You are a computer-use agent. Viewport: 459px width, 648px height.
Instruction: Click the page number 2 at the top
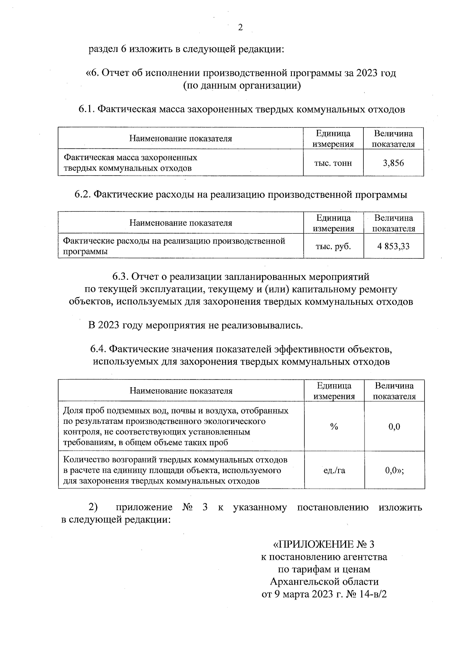tap(240, 27)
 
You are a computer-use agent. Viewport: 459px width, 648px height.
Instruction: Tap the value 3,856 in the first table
tap(393, 163)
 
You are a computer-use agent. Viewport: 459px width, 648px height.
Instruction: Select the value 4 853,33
tap(394, 246)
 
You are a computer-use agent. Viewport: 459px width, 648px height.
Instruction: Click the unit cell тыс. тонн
tap(333, 163)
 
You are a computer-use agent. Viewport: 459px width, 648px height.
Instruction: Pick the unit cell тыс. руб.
tap(333, 246)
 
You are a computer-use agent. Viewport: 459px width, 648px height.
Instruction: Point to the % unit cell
tap(334, 427)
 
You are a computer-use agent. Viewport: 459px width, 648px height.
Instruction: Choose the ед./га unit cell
tap(334, 470)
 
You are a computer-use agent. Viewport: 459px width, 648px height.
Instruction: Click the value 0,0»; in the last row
tap(394, 470)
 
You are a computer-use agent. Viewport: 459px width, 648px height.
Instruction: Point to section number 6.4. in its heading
tap(99, 349)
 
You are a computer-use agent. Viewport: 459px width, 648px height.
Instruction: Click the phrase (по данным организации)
tap(242, 86)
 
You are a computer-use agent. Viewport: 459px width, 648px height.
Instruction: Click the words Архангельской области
tap(324, 582)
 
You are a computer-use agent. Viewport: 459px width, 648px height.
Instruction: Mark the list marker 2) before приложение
tap(93, 507)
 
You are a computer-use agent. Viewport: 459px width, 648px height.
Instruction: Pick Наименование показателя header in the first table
tap(180, 139)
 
